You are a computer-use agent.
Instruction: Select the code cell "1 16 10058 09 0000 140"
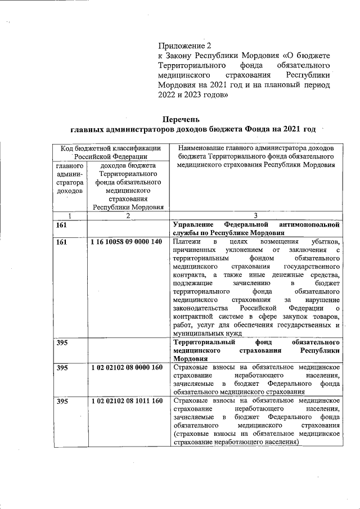tap(125, 242)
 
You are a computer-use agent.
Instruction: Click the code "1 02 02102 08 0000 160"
tap(125, 368)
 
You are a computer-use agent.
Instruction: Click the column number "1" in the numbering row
tap(70, 215)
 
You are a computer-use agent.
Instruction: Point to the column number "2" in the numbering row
tap(128, 215)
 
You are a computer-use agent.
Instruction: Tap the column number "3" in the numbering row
tap(255, 215)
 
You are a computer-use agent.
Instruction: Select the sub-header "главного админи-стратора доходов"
tap(70, 179)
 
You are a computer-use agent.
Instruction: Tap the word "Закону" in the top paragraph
tap(187, 55)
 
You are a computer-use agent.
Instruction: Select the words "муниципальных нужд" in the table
tap(208, 333)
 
